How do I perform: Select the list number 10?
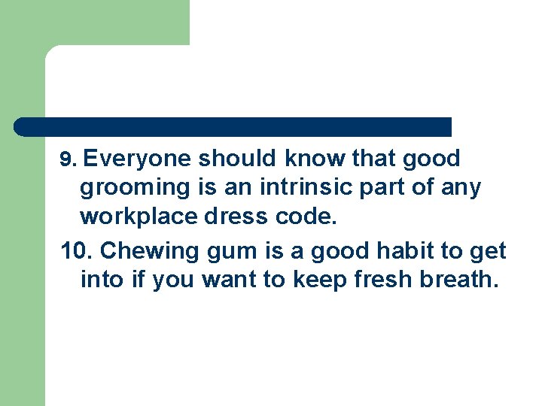(77, 250)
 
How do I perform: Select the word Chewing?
(142, 250)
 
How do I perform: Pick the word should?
(237, 159)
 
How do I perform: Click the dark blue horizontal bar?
(233, 126)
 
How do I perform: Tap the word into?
(99, 279)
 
